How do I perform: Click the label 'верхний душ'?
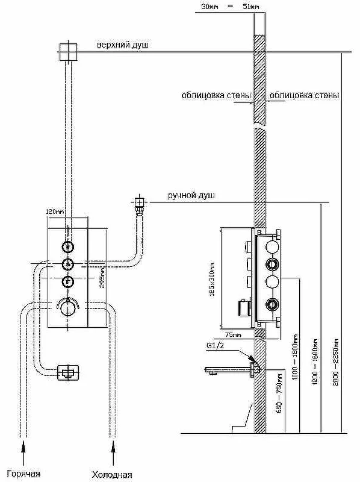pos(123,45)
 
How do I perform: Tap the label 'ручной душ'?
pos(191,196)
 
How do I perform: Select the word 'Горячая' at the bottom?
pos(23,474)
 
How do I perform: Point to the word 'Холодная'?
pos(112,475)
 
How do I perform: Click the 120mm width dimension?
pos(55,211)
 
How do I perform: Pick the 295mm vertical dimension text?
pos(102,277)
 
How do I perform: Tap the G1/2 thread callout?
pos(215,345)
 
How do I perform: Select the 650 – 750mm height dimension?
pos(279,393)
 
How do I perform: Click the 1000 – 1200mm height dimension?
pos(295,357)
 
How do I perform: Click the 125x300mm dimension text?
pos(212,280)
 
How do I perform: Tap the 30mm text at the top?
pos(209,7)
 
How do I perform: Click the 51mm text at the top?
pos(251,7)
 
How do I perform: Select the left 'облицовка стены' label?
pos(216,95)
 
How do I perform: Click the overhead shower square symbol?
pos(68,52)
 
